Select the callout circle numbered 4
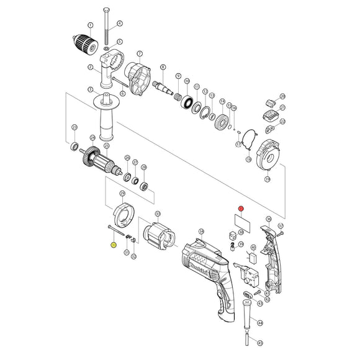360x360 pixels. pos(120,24)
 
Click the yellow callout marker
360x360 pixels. pos(113,245)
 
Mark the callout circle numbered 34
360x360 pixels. pos(201,232)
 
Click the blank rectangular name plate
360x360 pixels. pos(241,222)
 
